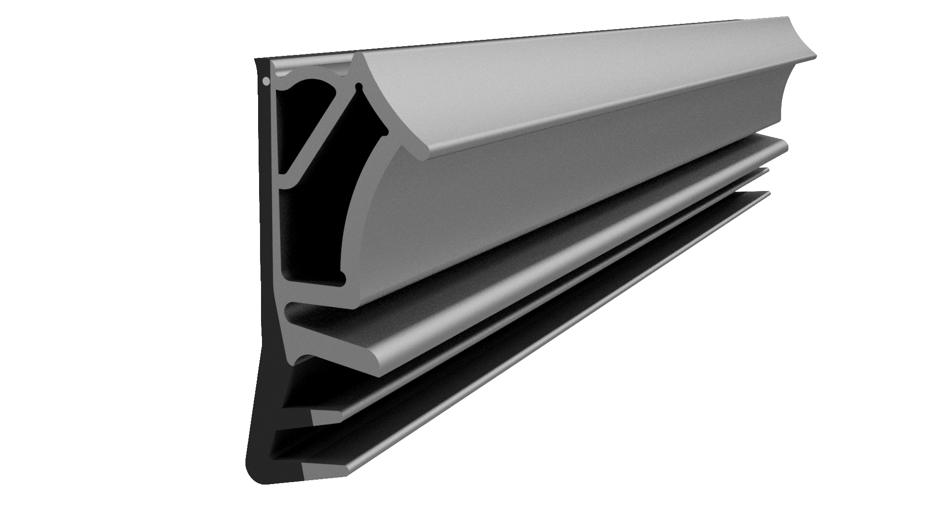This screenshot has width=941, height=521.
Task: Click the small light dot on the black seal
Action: (x=265, y=82)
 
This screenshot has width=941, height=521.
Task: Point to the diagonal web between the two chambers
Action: (x=321, y=131)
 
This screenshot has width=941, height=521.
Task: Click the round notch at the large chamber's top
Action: (x=359, y=88)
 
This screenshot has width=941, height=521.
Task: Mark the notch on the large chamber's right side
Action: (x=384, y=130)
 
